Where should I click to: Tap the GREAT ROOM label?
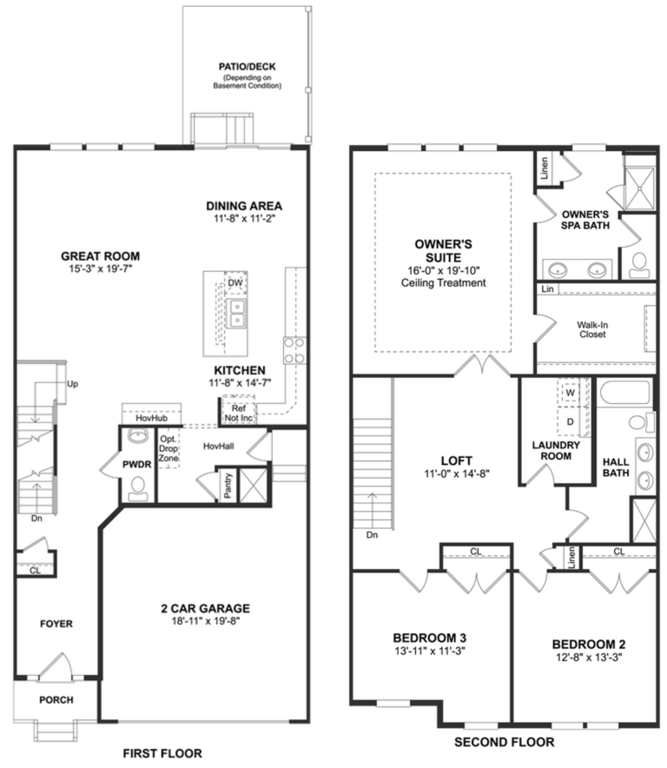[x=100, y=256]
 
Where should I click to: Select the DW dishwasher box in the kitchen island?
[x=234, y=283]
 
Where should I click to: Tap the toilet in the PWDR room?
[x=137, y=492]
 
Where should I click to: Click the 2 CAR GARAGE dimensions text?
[x=206, y=622]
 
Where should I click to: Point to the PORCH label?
[x=56, y=699]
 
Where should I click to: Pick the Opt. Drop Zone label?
[x=168, y=447]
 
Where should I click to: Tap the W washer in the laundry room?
[x=570, y=393]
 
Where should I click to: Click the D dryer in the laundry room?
[x=570, y=421]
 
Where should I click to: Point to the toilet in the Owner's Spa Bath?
[x=641, y=260]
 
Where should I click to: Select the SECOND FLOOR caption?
[x=504, y=743]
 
